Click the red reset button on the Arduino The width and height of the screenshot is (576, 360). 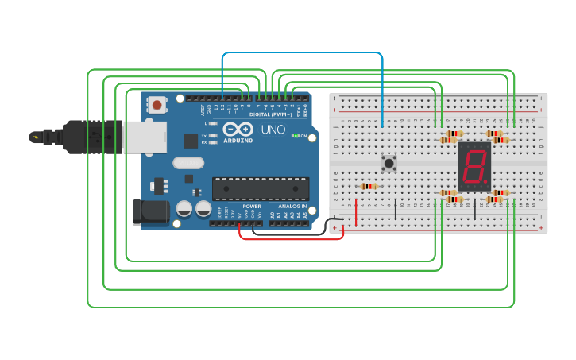(157, 104)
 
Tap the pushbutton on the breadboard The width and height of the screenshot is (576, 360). (389, 164)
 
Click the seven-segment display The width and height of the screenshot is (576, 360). (474, 165)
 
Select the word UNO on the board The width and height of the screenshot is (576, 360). (273, 129)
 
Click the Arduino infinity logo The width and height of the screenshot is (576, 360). (238, 130)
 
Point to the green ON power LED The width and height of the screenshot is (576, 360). (294, 136)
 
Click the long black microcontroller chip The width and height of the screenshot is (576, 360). (260, 188)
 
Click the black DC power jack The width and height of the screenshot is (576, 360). (151, 211)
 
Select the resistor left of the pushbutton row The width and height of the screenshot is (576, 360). (369, 187)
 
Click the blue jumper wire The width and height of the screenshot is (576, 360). (302, 54)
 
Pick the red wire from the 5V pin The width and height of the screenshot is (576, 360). (291, 238)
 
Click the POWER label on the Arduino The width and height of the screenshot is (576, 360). (252, 207)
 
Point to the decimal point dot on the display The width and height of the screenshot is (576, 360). (486, 184)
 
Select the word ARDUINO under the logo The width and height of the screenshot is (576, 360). (238, 141)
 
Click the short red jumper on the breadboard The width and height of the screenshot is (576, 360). (356, 211)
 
